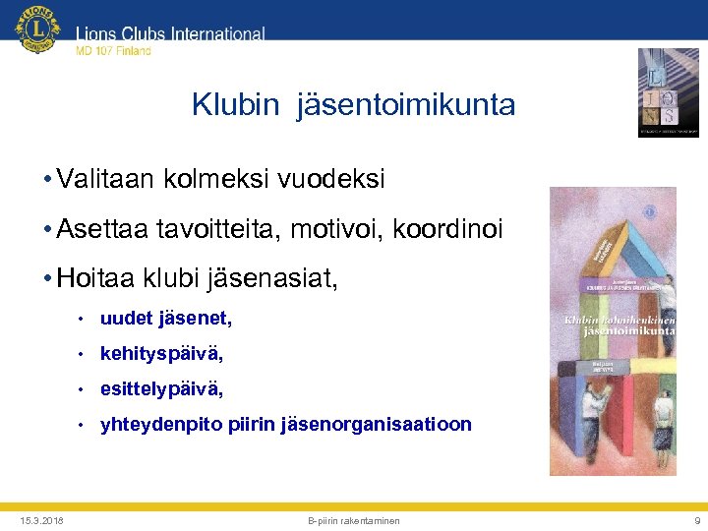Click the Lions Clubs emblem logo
(x=37, y=30)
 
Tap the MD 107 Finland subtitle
(x=113, y=51)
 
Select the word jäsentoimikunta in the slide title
(x=407, y=104)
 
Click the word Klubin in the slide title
(x=236, y=104)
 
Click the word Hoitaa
(x=93, y=280)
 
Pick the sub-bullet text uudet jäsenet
(x=166, y=319)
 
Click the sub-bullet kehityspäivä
(x=161, y=354)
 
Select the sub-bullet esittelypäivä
(x=161, y=389)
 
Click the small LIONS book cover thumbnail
(x=668, y=92)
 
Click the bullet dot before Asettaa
(x=47, y=231)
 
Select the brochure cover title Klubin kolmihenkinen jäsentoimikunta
(x=618, y=326)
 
